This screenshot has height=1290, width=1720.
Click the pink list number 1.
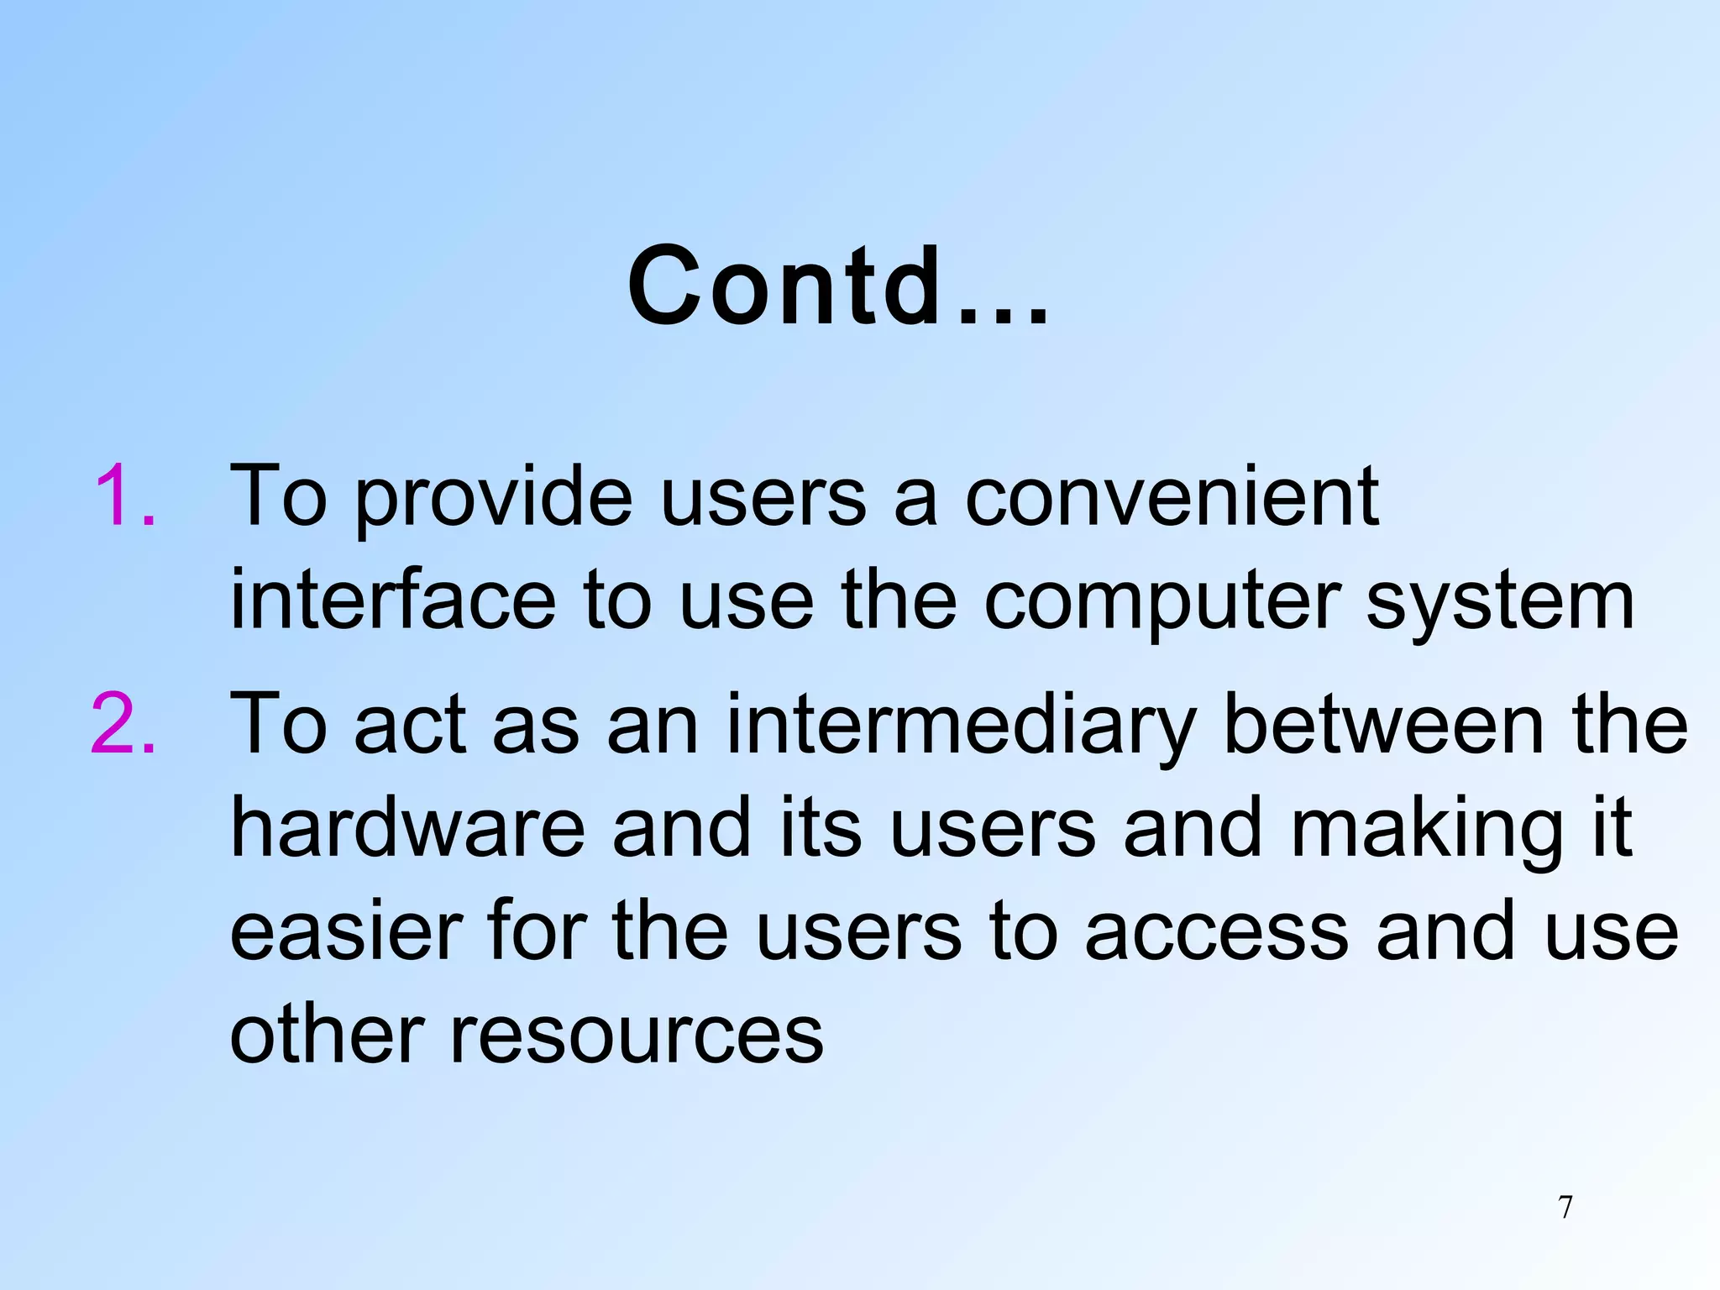(124, 497)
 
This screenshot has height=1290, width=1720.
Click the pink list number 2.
(124, 724)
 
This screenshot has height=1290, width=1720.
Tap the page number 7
(1565, 1208)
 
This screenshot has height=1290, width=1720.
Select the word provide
(494, 501)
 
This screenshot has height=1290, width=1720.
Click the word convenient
(1171, 497)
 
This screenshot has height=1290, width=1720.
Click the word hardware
(407, 828)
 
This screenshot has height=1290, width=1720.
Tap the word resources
(637, 1035)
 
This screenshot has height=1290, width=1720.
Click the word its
(821, 828)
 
